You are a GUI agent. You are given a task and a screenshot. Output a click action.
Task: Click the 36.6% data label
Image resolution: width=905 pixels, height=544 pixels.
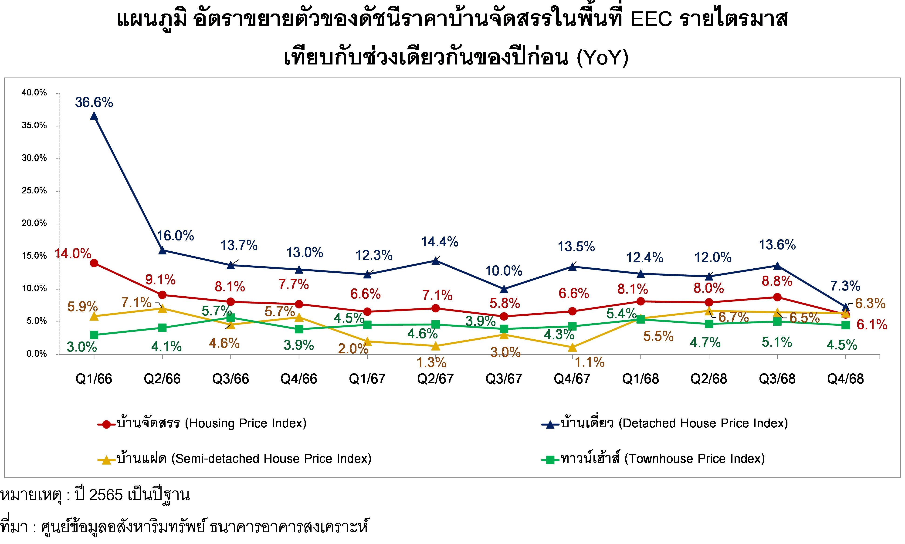point(94,102)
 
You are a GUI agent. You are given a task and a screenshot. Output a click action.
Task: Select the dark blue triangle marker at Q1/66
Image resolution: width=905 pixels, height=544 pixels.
point(94,116)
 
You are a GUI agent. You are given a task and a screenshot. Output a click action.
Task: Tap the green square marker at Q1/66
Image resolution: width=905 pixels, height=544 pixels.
point(94,335)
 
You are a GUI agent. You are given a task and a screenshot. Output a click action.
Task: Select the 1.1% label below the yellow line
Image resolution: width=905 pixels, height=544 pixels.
point(589,362)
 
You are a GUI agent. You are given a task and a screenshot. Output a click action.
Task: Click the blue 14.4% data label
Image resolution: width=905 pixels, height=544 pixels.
point(440,242)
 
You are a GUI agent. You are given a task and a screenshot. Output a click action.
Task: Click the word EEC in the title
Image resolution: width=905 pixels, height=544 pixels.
point(651,19)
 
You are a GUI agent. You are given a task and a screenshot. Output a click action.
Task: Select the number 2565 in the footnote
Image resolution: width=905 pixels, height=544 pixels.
point(105,495)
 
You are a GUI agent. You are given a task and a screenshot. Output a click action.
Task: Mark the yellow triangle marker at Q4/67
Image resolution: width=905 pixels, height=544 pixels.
point(572,347)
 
